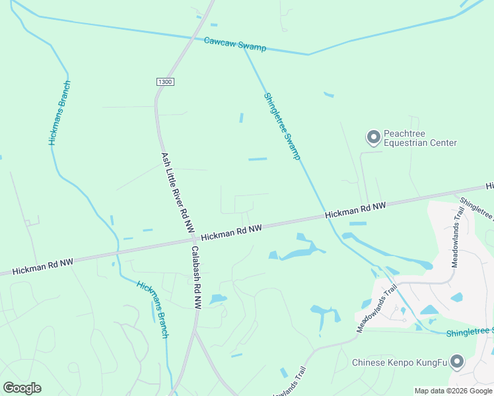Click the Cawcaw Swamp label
[x=234, y=44]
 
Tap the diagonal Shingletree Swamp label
[x=282, y=126]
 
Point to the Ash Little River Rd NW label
[x=178, y=192]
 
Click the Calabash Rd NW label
[x=195, y=277]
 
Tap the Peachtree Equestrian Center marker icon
[x=373, y=137]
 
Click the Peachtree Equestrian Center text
[x=420, y=138]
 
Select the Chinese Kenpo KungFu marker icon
[x=456, y=361]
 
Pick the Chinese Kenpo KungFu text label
[x=399, y=362]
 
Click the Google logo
[x=22, y=388]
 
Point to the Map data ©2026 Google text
[x=453, y=391]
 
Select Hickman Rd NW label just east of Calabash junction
[x=231, y=232]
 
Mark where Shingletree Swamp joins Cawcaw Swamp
[x=245, y=50]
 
